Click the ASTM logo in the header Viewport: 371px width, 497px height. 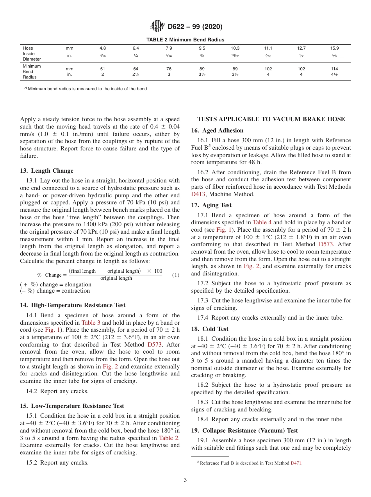pos(157,27)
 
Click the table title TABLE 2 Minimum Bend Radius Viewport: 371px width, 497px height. pos(185,39)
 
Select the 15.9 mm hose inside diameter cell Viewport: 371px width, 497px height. pos(334,48)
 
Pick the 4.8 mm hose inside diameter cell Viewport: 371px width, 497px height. pos(103,48)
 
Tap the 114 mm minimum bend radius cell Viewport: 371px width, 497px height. pos(334,69)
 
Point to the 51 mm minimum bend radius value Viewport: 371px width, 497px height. pos(103,69)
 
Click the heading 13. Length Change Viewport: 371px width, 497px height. pos(46,171)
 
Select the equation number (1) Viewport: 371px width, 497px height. pos(176,275)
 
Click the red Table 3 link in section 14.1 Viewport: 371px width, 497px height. pos(91,323)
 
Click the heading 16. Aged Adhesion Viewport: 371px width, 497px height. pos(217,131)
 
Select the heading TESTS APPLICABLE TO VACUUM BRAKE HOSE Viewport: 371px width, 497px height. pos(271,119)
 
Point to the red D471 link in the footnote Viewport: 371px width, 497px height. pos(296,463)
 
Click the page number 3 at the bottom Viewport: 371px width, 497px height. pos(185,480)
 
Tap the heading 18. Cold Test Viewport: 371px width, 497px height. pos(210,329)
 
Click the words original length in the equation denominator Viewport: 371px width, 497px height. pos(116,278)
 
